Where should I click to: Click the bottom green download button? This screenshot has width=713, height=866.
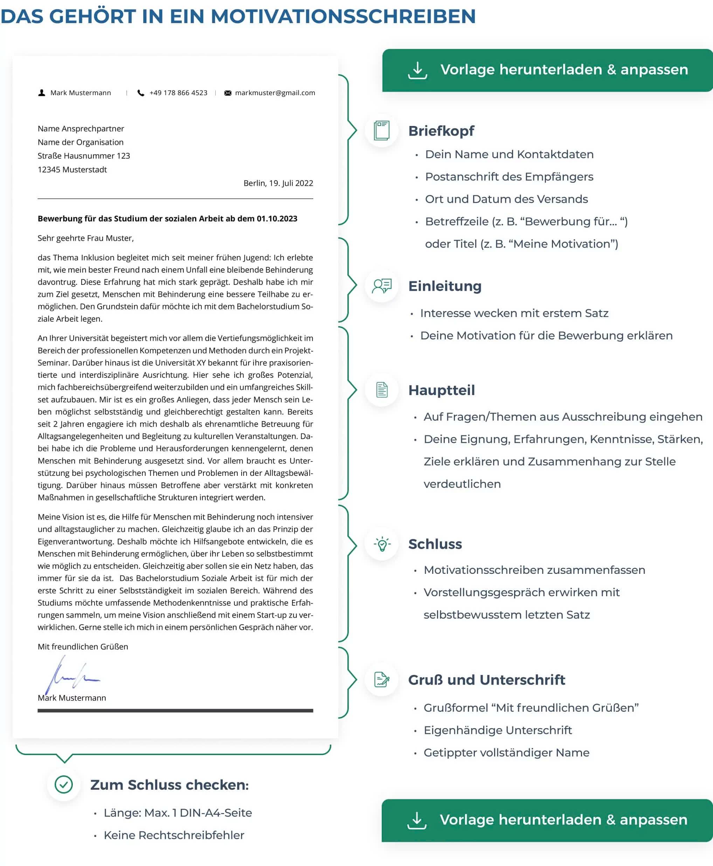click(547, 820)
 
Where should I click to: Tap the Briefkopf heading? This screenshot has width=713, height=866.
click(441, 131)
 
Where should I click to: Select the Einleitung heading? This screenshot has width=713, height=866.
click(445, 286)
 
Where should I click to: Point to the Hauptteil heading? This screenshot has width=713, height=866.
click(442, 390)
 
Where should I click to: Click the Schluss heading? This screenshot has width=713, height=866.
click(435, 544)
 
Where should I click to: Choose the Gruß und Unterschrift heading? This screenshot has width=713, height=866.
click(487, 680)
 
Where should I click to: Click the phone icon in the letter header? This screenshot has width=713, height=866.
click(141, 93)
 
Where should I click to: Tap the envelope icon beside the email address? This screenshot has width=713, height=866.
click(228, 93)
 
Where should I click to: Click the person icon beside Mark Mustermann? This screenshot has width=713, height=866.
click(41, 93)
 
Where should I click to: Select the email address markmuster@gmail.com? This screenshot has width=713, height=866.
click(275, 93)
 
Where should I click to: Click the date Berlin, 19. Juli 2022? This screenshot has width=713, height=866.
click(278, 183)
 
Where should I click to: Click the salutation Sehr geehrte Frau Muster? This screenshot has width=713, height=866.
click(85, 238)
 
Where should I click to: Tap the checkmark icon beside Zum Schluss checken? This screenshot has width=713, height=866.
click(64, 784)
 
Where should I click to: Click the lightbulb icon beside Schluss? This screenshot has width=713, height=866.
click(382, 544)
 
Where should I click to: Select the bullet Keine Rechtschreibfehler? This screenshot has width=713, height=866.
click(174, 835)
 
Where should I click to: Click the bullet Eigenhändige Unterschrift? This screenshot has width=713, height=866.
click(498, 730)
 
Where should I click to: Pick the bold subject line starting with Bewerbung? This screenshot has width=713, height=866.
click(167, 219)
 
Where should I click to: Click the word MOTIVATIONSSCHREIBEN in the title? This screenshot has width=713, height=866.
click(343, 16)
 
